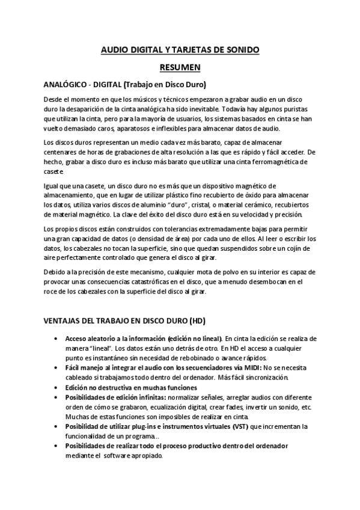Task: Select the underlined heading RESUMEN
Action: [x=180, y=68]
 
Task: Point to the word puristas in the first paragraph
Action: [x=304, y=109]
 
